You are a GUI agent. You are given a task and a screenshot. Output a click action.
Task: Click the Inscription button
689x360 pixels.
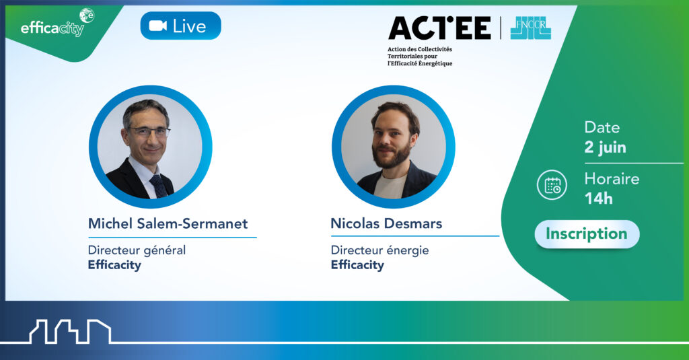(x=587, y=234)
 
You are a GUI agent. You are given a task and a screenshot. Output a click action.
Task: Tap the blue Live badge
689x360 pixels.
(x=180, y=26)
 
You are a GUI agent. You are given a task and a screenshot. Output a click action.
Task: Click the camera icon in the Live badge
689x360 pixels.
(x=157, y=26)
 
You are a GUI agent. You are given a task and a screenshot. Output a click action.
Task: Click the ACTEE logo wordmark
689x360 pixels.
(x=439, y=28)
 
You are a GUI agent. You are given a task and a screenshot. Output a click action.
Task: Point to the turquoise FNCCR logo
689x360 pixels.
(x=530, y=28)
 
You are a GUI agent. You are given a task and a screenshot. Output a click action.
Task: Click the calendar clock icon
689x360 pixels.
(x=552, y=185)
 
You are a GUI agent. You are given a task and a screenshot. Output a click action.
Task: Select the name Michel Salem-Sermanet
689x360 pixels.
(x=168, y=223)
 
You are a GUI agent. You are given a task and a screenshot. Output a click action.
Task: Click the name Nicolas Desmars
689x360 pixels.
(x=386, y=223)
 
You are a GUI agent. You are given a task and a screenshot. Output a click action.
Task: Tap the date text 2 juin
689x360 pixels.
(x=605, y=147)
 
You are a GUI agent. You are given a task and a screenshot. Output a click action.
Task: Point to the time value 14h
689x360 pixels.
(x=598, y=199)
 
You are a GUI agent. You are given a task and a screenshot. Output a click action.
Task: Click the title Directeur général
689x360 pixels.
(x=137, y=250)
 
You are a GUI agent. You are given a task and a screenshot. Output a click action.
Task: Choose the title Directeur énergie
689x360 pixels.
(x=379, y=250)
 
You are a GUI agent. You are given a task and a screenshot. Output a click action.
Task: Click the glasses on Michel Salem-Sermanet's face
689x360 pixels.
(x=149, y=131)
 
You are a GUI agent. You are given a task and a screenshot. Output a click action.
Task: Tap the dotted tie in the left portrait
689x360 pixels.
(x=158, y=186)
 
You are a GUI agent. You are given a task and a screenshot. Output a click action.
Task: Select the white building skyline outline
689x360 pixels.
(x=70, y=332)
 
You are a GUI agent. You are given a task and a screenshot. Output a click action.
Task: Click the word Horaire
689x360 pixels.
(x=612, y=179)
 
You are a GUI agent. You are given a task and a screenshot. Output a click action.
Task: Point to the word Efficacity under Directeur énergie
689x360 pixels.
(x=357, y=264)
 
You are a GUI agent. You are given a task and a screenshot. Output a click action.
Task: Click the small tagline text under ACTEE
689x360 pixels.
(x=420, y=57)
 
